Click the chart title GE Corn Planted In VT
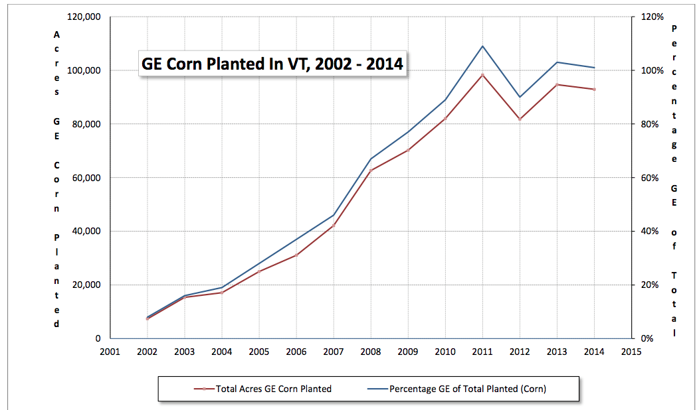(x=272, y=64)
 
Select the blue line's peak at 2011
(x=482, y=46)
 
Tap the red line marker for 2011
(x=482, y=75)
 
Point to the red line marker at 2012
(x=520, y=119)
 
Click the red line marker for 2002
(x=147, y=319)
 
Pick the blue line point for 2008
(x=370, y=159)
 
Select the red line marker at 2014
(x=594, y=90)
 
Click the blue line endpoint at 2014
(x=594, y=68)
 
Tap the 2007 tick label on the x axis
(x=333, y=352)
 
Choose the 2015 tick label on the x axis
(x=631, y=352)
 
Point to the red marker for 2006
(x=296, y=255)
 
